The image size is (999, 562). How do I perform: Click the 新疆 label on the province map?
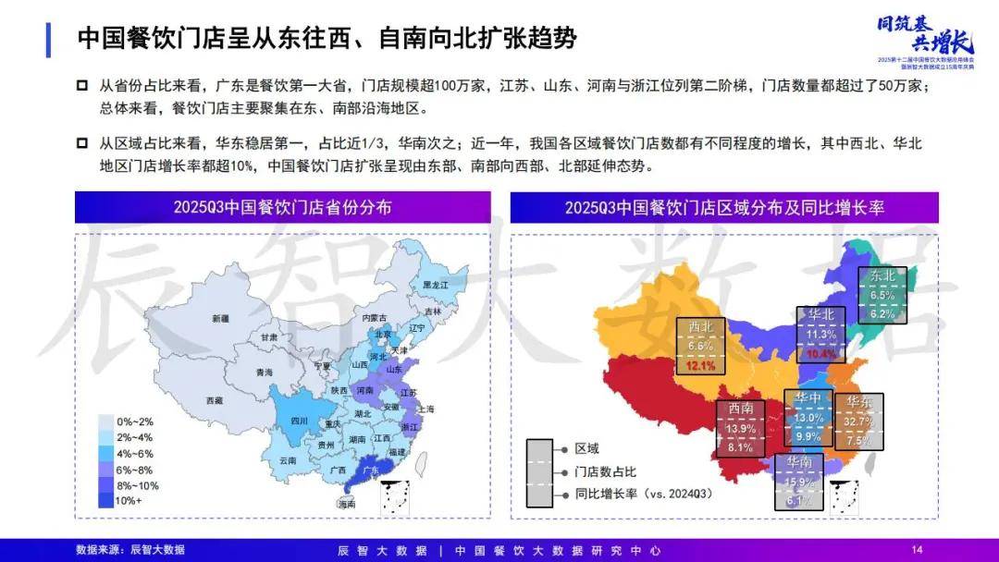coord(219,319)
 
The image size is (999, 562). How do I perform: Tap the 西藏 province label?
coord(214,401)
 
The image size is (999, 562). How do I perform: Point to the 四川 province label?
coord(299,421)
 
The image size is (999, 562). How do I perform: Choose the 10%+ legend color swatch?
coord(106,500)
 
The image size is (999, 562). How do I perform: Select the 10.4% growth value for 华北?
coord(820,353)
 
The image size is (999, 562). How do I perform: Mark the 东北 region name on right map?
coord(882,275)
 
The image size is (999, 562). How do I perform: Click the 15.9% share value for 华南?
coord(800,482)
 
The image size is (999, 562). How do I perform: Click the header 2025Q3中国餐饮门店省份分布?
coord(282,207)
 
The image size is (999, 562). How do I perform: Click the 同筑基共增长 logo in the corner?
coord(924,35)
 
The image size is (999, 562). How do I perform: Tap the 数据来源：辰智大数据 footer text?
coord(130,550)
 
